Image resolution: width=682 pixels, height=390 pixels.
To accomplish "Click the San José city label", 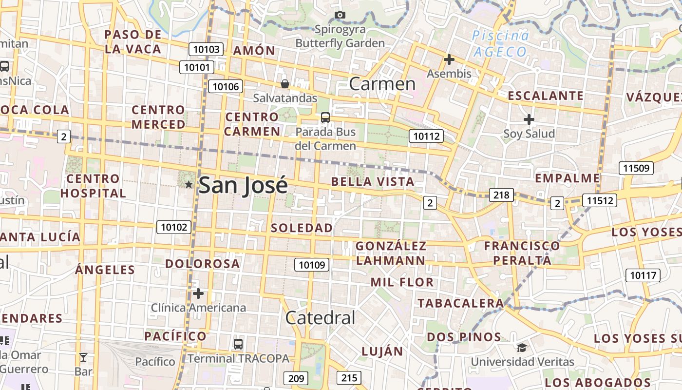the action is pos(243,185).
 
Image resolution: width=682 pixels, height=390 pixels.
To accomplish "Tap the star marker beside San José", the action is pos(189,184).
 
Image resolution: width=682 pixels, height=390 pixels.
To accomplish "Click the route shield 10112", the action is pos(426,136).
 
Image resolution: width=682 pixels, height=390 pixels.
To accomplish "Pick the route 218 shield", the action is pos(501,195).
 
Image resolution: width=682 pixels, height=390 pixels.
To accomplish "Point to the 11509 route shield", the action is pos(636,169).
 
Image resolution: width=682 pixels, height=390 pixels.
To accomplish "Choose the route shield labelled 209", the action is pos(296,378).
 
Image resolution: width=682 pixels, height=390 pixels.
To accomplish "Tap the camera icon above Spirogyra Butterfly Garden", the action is pos(340,15).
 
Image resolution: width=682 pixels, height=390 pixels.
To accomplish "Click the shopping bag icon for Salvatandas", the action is pos(285,84).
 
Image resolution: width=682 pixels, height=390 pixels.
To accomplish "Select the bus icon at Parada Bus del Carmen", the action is pos(325,117).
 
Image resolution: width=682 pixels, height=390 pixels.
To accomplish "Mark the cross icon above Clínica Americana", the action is pos(198,293).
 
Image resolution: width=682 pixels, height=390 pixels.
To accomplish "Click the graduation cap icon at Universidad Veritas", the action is pos(522,348).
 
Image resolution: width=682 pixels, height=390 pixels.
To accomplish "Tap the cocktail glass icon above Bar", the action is pos(83,357).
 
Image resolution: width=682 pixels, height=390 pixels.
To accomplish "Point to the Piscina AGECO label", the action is pos(500,43).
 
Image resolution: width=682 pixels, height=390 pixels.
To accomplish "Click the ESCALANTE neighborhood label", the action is pos(546,96).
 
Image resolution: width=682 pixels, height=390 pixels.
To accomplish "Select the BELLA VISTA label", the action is pos(373,182).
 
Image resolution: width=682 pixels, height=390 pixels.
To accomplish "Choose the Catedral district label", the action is pos(320,318).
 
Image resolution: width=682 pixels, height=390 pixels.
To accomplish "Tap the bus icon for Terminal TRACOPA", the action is pos(238,344).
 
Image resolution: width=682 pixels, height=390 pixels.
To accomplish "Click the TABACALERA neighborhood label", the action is pos(460,303).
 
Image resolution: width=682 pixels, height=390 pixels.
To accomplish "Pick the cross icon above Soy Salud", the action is pos(529,119).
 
